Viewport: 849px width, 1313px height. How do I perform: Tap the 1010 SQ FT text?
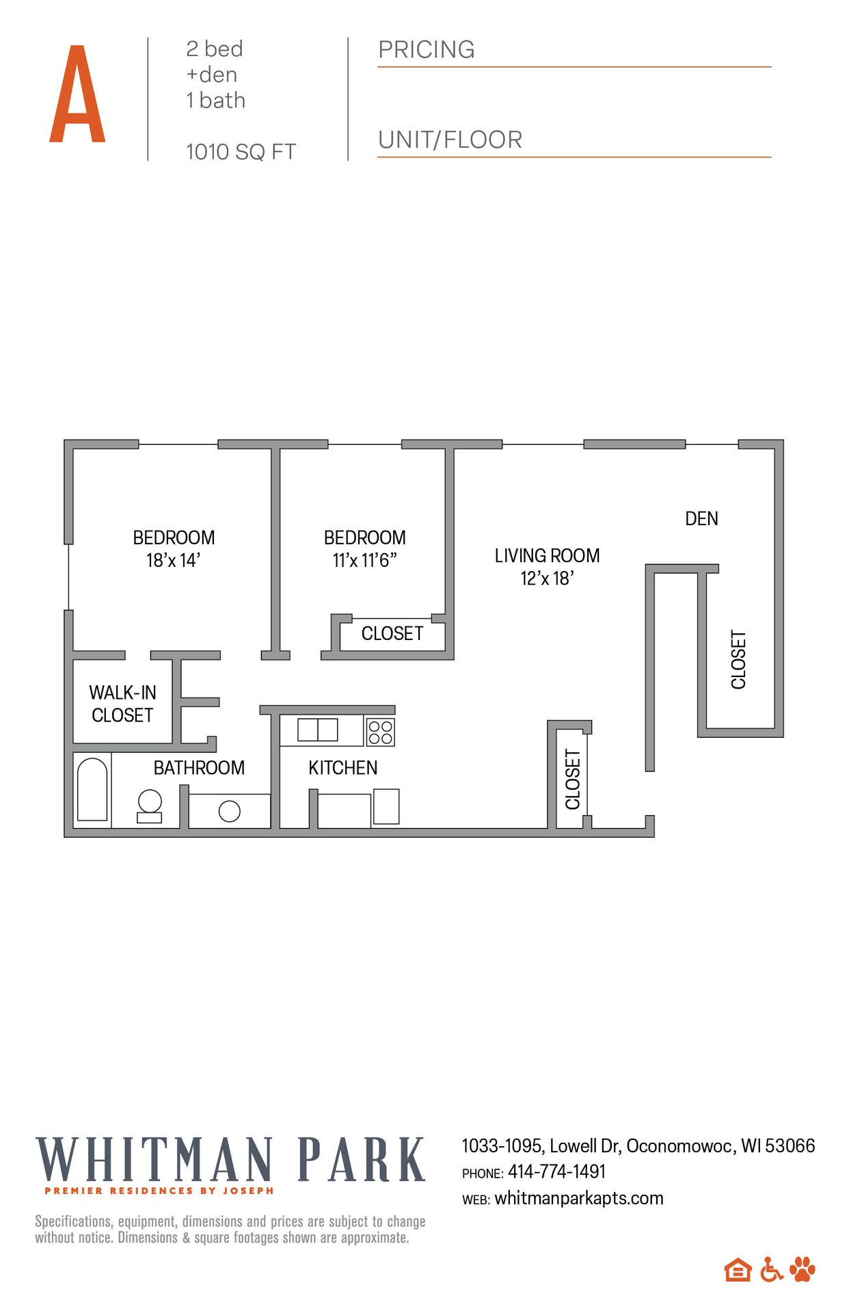[241, 152]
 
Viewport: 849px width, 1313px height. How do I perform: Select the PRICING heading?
[426, 50]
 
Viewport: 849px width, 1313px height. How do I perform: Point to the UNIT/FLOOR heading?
[450, 140]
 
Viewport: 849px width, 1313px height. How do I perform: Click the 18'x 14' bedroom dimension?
[173, 561]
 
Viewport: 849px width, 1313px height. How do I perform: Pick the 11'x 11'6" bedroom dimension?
[364, 561]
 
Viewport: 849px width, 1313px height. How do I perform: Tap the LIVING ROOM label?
[547, 555]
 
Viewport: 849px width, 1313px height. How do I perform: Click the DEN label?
[701, 518]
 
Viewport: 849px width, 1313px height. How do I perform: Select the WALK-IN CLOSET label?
[122, 704]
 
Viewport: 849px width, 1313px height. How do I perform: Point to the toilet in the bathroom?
[150, 806]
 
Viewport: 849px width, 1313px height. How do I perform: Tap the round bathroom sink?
[230, 811]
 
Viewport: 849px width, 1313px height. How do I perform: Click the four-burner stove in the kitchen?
[380, 732]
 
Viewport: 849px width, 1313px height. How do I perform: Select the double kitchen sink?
[318, 730]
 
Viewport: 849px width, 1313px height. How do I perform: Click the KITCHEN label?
[342, 768]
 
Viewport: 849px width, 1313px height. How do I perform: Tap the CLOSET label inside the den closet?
[738, 659]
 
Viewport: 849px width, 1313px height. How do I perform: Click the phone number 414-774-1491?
[556, 1171]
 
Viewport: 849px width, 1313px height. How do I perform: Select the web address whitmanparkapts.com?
[578, 1198]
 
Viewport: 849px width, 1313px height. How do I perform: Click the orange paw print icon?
[803, 1269]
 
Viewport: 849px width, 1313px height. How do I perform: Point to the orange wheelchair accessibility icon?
[771, 1269]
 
